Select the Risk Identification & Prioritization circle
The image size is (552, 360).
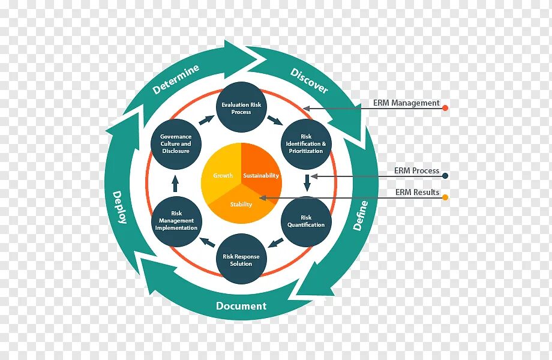306,144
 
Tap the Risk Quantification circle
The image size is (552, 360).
306,221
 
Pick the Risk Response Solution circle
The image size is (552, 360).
241,259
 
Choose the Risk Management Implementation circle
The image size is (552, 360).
176,221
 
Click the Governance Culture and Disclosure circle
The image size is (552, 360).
176,144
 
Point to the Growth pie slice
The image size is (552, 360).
223,176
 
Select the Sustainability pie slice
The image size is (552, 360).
262,174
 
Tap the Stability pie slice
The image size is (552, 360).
241,205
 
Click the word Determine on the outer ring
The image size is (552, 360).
176,79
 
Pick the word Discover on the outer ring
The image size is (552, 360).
310,80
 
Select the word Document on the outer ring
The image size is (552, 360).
241,306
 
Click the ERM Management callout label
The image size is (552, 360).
406,103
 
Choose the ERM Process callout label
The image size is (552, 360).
416,171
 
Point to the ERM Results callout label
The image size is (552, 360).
417,193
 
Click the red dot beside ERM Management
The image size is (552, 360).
445,108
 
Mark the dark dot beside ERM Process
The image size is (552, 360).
445,176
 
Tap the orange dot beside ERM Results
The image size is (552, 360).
445,197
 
